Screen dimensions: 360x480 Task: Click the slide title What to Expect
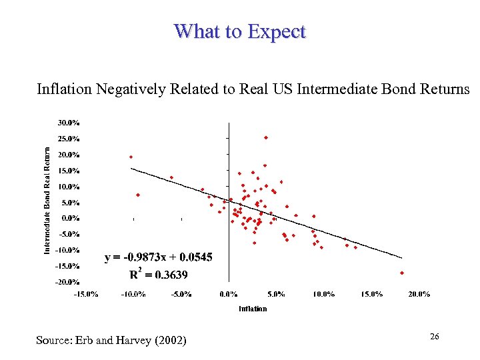[240, 31]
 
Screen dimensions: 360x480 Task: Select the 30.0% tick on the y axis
[68, 123]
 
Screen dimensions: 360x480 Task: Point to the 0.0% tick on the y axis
[70, 218]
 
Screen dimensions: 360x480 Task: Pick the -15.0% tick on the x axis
[86, 294]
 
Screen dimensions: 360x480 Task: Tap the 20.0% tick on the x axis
[419, 294]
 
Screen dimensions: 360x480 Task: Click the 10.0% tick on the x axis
[324, 294]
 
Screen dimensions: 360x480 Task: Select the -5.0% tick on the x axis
[181, 294]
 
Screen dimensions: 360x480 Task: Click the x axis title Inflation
[253, 309]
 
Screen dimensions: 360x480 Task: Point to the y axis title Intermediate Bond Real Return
[47, 200]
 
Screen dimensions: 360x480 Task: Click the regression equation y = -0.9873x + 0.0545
[159, 257]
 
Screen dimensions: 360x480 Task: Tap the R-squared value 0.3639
[169, 274]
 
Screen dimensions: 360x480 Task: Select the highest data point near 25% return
[266, 137]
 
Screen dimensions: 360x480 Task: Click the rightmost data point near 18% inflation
[402, 273]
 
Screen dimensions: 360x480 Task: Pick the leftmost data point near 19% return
[131, 157]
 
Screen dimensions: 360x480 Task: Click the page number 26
[434, 337]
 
